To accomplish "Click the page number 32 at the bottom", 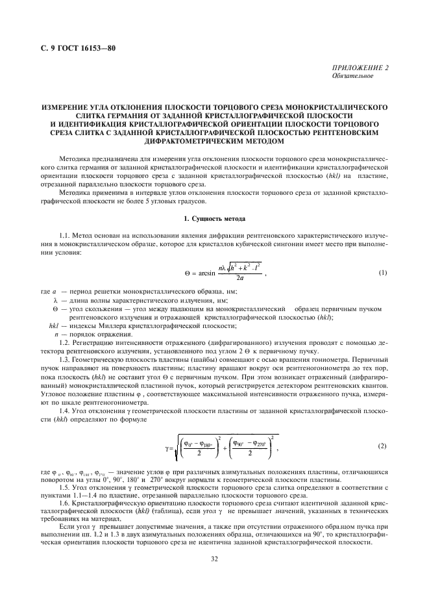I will pyautogui.click(x=214, y=575).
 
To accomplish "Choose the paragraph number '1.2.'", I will pyautogui.click(x=65, y=342).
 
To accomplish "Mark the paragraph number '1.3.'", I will pyautogui.click(x=65, y=359).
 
